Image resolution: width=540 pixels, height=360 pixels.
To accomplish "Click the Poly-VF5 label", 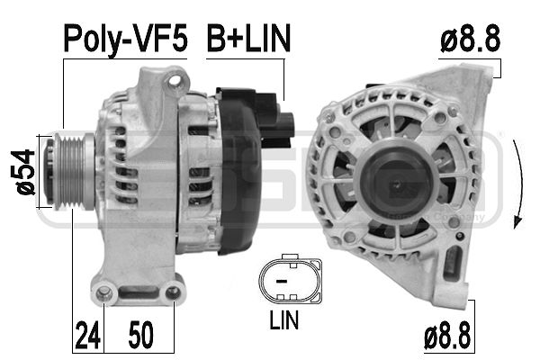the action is (125, 39).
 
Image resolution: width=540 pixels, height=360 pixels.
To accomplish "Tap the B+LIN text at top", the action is (248, 38).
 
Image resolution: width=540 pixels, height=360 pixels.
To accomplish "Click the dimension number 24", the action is (87, 335).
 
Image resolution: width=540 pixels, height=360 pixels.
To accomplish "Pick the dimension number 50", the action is (141, 335).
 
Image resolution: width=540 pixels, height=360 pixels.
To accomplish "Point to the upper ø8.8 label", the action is (470, 39).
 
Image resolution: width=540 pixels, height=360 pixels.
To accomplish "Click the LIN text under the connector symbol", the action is (283, 319).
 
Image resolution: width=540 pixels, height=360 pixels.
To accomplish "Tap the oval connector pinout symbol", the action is (291, 280).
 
